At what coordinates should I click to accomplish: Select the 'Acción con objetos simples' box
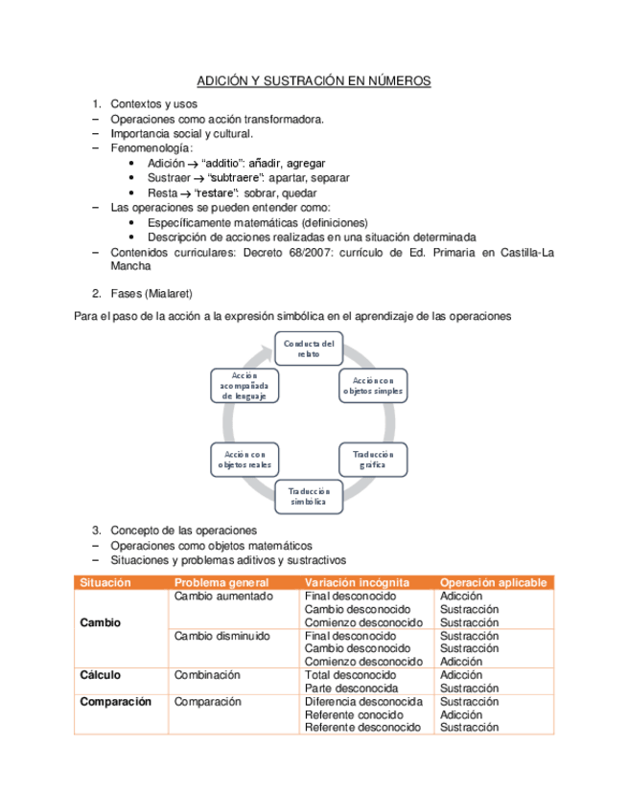coord(374,386)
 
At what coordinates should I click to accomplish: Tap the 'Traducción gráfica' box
coord(374,459)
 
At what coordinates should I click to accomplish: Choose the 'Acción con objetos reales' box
coord(244,459)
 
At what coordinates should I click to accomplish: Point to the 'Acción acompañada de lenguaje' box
coord(244,385)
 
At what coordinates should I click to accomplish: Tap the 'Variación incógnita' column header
coord(357,582)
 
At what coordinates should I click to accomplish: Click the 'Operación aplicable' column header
coord(493,582)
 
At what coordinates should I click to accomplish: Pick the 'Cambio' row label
coord(101,622)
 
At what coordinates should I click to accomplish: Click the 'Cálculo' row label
coord(100,675)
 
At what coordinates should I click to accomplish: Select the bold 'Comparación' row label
coord(116,702)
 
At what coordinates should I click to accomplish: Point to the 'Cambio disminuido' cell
coord(221,636)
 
